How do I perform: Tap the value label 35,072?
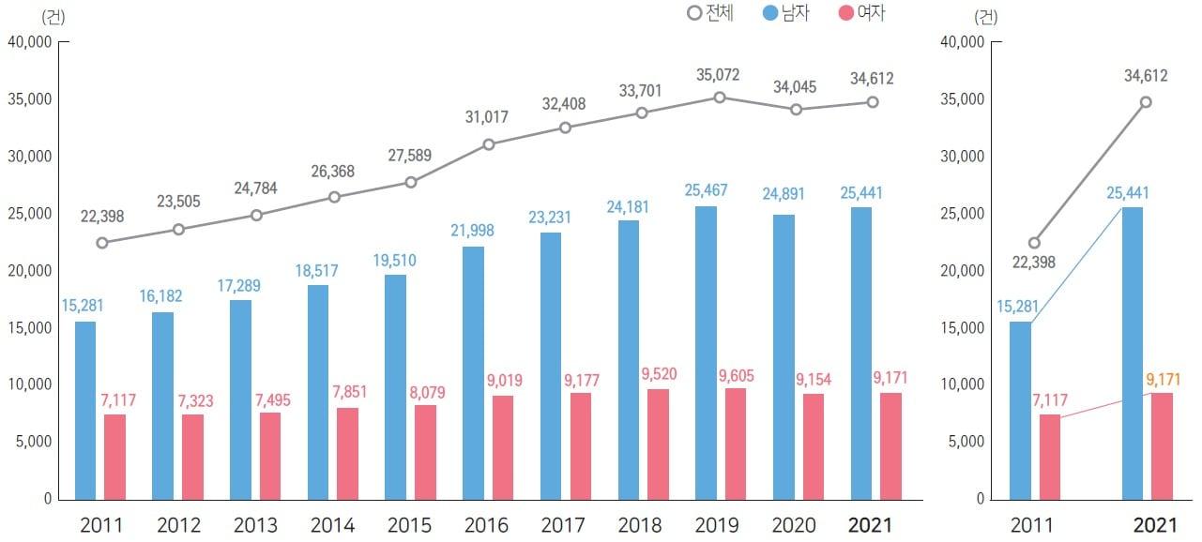point(718,74)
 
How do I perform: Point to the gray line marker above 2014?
point(333,197)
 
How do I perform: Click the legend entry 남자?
point(786,13)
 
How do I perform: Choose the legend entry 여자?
point(860,13)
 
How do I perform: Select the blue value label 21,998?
point(472,231)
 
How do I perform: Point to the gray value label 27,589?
point(407,155)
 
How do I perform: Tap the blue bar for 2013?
point(240,399)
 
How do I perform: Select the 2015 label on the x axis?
point(408,524)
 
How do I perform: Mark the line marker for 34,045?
point(796,109)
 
